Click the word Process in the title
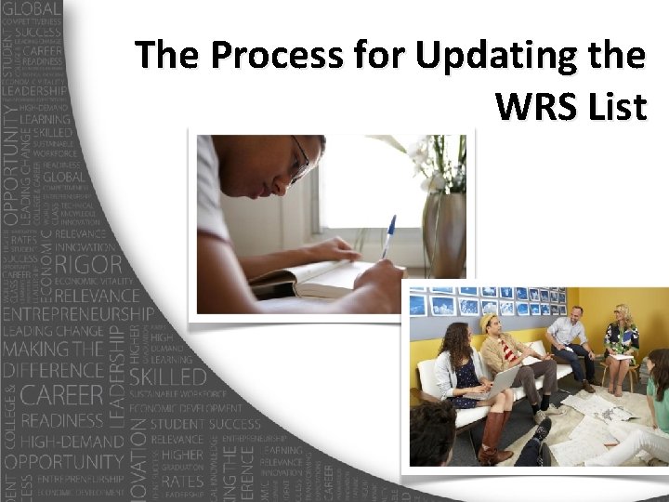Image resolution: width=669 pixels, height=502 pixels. pyautogui.click(x=276, y=57)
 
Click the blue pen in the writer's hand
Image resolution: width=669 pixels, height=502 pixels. pyautogui.click(x=388, y=236)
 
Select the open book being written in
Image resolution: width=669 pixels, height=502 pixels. pyautogui.click(x=307, y=278)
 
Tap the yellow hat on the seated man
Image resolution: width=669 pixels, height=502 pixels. pyautogui.click(x=491, y=321)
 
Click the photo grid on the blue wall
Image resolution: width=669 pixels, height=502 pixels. pyautogui.click(x=488, y=301)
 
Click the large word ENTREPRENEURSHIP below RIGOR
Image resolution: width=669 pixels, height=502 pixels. pyautogui.click(x=79, y=313)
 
